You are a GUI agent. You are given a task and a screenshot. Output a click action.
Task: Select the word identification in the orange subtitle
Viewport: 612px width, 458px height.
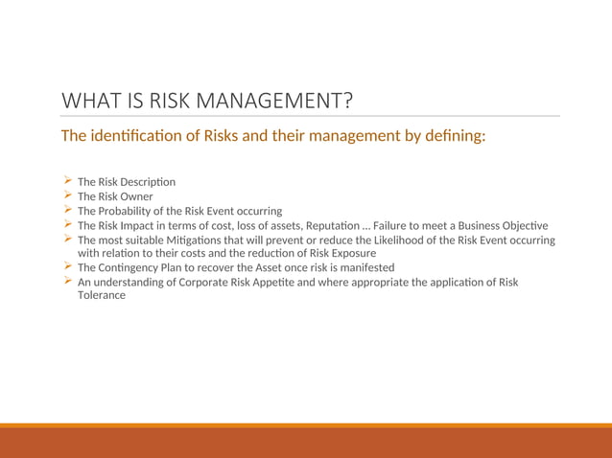(x=144, y=135)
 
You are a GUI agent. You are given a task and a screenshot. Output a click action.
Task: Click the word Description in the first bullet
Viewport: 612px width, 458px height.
(x=148, y=182)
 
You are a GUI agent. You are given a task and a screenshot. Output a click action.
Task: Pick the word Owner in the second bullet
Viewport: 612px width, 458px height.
(x=136, y=196)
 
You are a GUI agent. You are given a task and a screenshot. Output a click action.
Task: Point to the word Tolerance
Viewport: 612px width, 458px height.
(x=102, y=295)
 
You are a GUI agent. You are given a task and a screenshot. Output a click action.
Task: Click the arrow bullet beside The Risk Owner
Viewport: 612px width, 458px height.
(x=67, y=195)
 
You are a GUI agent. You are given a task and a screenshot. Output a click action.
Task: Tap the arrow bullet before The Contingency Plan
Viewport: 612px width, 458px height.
(x=67, y=266)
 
